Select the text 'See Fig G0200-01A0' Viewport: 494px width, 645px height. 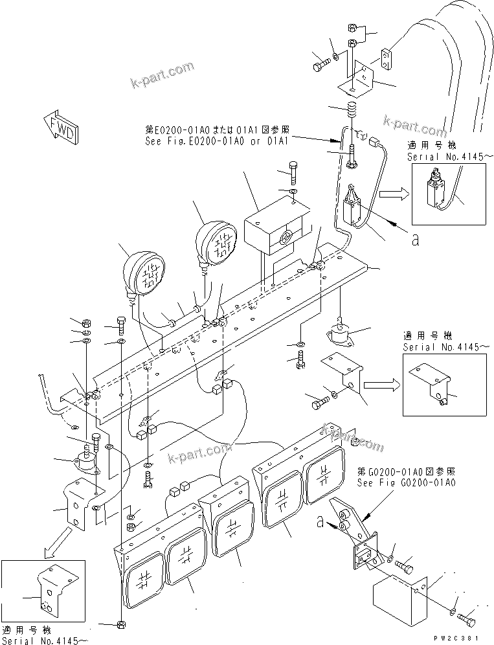(x=406, y=482)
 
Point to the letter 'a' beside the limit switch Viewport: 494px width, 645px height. (x=415, y=240)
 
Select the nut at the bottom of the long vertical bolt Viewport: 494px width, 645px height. (x=121, y=624)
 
